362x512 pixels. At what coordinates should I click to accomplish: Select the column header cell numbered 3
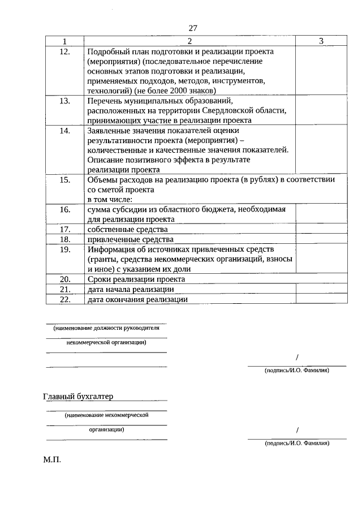[321, 41]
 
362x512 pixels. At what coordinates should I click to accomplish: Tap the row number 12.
[64, 51]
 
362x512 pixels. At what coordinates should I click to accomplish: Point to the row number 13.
[64, 101]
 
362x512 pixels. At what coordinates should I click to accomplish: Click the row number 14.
[64, 130]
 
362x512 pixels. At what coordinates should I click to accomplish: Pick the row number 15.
[64, 180]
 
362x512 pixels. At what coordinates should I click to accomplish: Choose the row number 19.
[64, 249]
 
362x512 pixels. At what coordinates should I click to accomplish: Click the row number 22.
[64, 299]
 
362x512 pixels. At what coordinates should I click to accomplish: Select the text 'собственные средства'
[127, 229]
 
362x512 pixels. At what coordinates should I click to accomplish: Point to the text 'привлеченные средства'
[130, 239]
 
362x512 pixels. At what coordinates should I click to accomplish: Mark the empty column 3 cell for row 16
[321, 214]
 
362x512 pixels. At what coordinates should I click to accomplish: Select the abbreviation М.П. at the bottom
[51, 460]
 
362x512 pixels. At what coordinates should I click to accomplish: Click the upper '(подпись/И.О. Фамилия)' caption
[296, 371]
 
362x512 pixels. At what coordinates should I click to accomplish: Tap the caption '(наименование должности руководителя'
[106, 328]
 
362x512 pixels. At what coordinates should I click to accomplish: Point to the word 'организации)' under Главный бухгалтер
[106, 429]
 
